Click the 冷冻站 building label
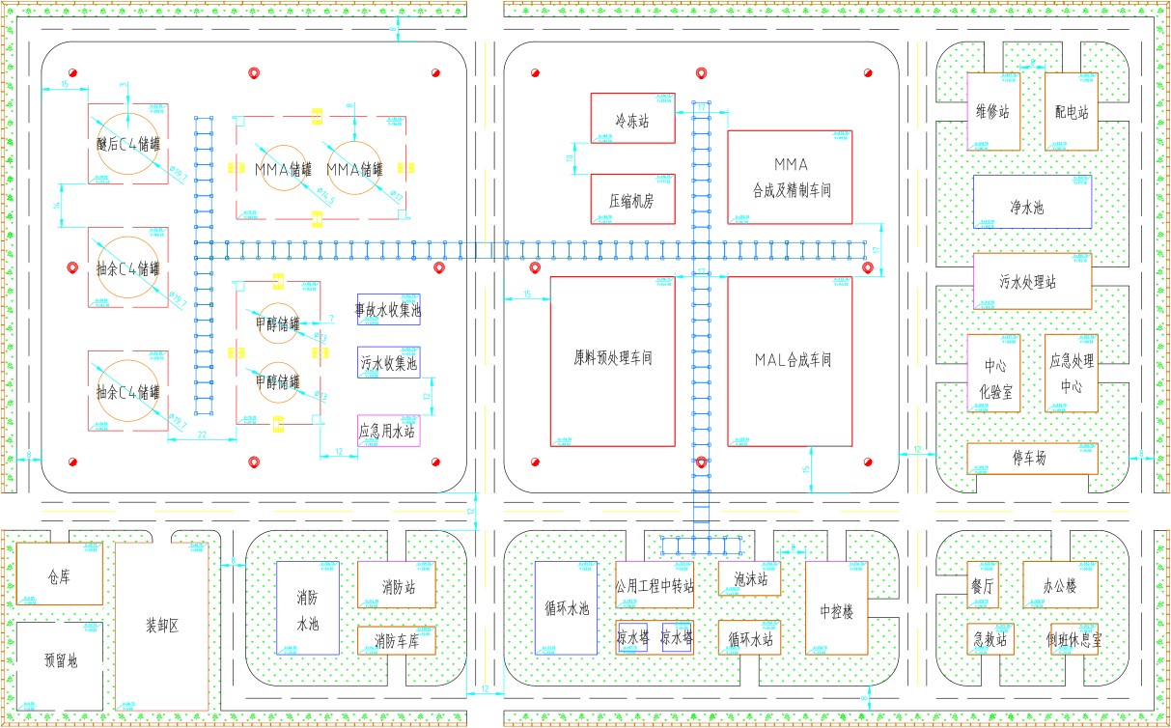pyautogui.click(x=632, y=123)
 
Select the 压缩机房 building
pyautogui.click(x=632, y=201)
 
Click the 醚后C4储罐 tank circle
pyautogui.click(x=127, y=144)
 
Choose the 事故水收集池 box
pyautogui.click(x=388, y=310)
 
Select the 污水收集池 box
pyautogui.click(x=388, y=363)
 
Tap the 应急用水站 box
pyautogui.click(x=388, y=431)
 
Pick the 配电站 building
pyautogui.click(x=1072, y=112)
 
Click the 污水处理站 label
pyautogui.click(x=1032, y=283)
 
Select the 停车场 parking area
pyautogui.click(x=1032, y=459)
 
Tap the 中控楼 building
pyautogui.click(x=838, y=609)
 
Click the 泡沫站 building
pyautogui.click(x=749, y=579)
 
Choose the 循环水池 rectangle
pyautogui.click(x=566, y=609)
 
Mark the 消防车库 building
pyautogui.click(x=396, y=640)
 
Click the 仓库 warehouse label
pyautogui.click(x=60, y=576)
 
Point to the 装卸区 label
pyautogui.click(x=161, y=625)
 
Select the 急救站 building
pyautogui.click(x=990, y=639)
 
